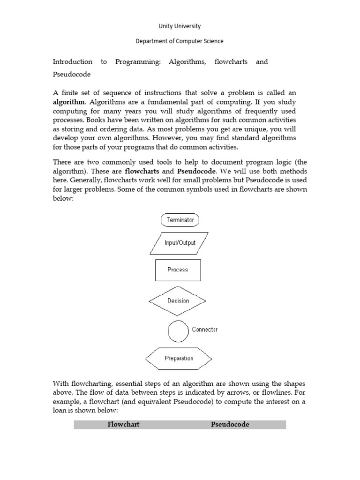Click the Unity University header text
(180, 26)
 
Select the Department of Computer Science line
(180, 41)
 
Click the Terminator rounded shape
(180, 220)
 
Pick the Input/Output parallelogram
(180, 243)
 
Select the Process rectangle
(178, 270)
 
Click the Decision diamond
(178, 300)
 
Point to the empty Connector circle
(178, 331)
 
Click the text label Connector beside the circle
(205, 330)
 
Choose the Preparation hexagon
(179, 359)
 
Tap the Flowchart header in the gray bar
(124, 425)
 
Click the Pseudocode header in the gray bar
(230, 425)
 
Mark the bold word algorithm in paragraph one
(69, 102)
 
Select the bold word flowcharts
(142, 171)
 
